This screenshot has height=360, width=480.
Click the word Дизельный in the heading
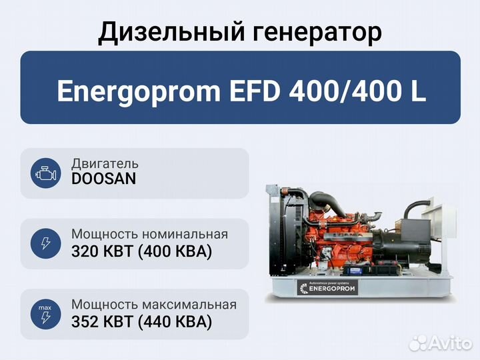(x=171, y=32)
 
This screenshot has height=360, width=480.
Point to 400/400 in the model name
(x=345, y=91)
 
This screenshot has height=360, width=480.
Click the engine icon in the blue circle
(x=46, y=173)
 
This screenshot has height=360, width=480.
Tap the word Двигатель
(x=105, y=164)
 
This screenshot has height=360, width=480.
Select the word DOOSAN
(x=103, y=179)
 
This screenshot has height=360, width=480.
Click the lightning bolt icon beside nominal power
(x=46, y=243)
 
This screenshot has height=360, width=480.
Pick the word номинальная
(x=185, y=234)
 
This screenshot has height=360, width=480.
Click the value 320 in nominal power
(x=85, y=251)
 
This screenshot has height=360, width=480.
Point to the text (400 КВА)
(x=175, y=251)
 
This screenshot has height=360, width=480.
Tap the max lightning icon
(x=45, y=315)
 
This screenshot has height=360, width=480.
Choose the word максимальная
(x=189, y=305)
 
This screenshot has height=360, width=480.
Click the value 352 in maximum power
(x=85, y=322)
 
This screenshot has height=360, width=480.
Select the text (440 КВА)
(x=175, y=322)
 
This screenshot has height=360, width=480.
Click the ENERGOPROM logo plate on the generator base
(x=327, y=287)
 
